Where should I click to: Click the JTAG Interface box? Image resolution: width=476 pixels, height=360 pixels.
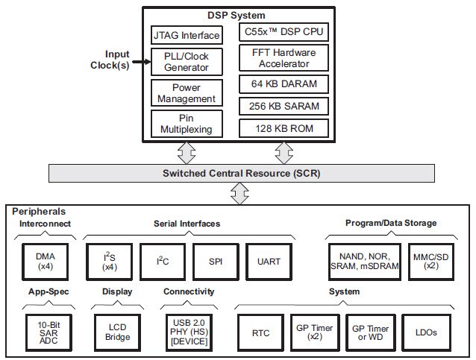[187, 35]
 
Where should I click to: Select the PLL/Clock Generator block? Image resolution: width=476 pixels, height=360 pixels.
[187, 62]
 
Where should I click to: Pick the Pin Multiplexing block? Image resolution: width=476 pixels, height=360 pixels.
[187, 124]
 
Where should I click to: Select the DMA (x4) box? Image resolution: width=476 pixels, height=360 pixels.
[46, 260]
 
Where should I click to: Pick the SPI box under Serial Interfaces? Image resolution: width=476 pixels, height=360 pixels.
[214, 260]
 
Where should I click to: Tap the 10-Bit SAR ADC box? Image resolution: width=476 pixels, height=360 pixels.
[46, 332]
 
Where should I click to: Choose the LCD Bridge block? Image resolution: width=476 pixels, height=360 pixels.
[117, 332]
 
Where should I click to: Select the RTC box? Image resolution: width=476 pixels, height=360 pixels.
[260, 332]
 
